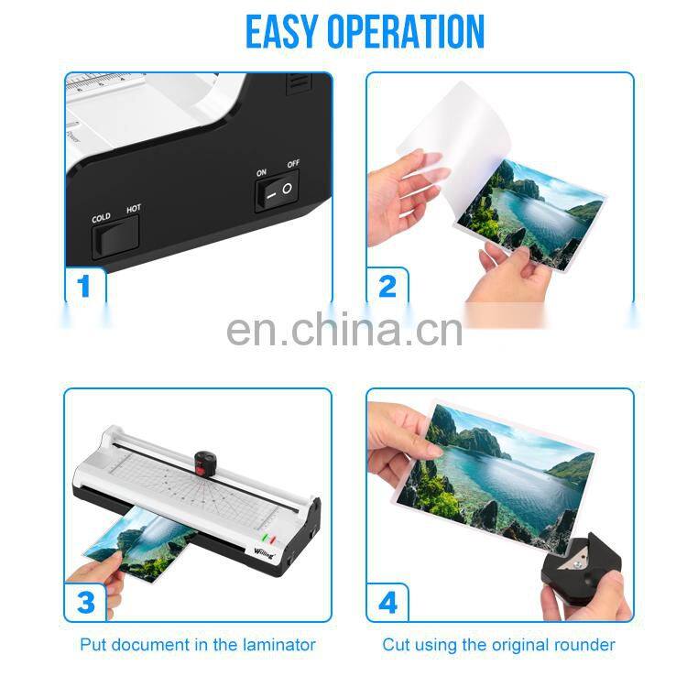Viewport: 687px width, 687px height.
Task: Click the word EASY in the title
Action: tap(288, 32)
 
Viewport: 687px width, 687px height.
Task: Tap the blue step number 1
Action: tap(84, 287)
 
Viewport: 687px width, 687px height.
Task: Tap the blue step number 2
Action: tap(387, 287)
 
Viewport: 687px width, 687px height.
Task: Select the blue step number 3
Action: tap(85, 603)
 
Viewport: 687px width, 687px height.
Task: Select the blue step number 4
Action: tap(387, 603)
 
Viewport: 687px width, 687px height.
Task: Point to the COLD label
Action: tap(101, 217)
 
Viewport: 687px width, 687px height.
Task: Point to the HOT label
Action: tap(134, 210)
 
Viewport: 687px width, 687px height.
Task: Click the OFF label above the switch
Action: tap(293, 164)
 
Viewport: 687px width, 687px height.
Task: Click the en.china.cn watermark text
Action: tap(343, 329)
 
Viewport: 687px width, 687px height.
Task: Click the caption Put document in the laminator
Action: tap(197, 645)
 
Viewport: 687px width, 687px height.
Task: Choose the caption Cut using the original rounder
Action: tap(498, 645)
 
